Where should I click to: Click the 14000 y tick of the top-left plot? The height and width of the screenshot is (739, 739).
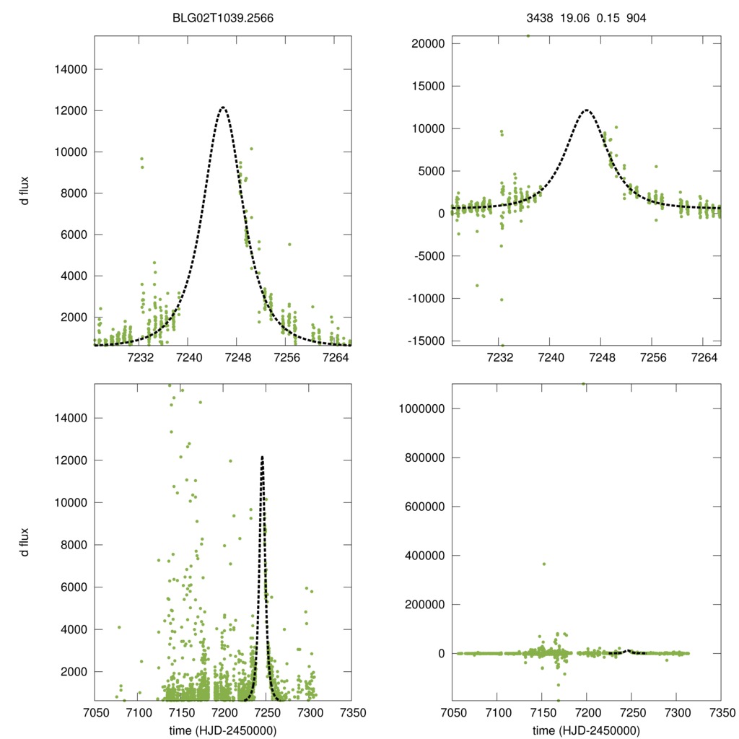tap(71, 69)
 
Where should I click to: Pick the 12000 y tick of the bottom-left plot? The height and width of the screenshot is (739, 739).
tap(71, 460)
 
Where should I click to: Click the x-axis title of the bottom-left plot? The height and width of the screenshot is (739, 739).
tap(222, 730)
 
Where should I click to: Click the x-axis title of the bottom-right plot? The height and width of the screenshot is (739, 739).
tap(586, 730)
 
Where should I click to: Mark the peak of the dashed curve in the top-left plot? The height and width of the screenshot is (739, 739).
tap(223, 108)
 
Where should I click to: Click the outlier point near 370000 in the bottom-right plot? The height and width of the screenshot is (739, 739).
tap(543, 564)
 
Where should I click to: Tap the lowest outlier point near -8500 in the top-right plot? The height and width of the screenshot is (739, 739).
tap(476, 285)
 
